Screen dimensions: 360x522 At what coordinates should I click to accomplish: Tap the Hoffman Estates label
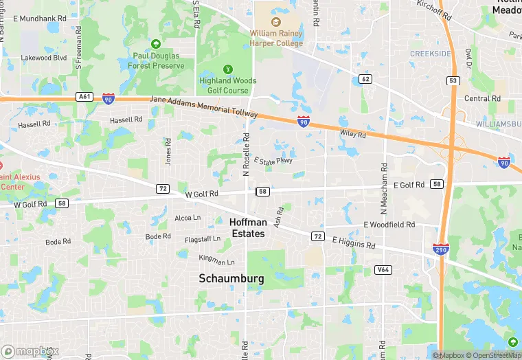point(247,228)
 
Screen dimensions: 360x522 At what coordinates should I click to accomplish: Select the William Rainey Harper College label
point(276,38)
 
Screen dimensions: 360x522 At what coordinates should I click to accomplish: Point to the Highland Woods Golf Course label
point(227,85)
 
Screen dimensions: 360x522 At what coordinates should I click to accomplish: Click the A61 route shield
point(84,97)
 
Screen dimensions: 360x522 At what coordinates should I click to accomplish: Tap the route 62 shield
point(365,79)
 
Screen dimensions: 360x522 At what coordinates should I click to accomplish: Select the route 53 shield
point(452,80)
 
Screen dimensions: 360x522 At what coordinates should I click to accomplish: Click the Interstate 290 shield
point(441,249)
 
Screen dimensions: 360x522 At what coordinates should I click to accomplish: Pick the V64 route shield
point(383,270)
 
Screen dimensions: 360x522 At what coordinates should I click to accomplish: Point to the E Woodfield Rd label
point(389,225)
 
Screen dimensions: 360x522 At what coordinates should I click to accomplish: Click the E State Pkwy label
point(273,161)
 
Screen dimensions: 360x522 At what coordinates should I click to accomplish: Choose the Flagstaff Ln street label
point(203,239)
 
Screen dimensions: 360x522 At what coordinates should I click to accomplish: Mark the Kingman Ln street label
point(216,260)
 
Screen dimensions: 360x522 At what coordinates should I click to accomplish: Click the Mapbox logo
point(29,350)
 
